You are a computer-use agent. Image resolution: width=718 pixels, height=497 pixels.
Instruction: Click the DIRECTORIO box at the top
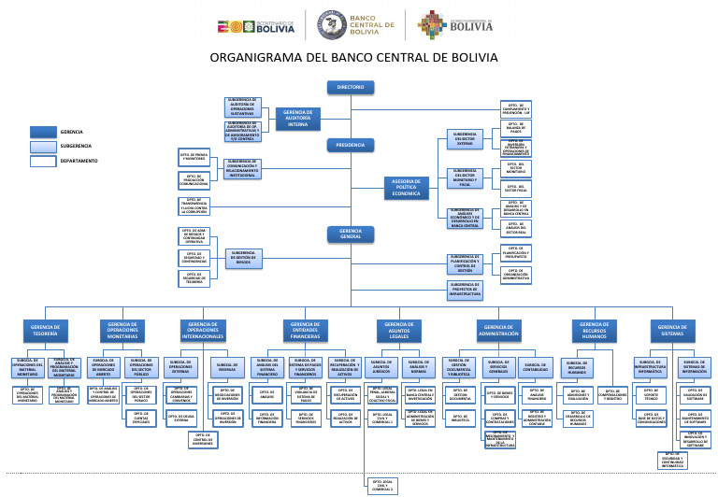click(x=351, y=88)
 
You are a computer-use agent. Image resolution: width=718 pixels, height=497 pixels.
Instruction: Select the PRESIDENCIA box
click(x=351, y=146)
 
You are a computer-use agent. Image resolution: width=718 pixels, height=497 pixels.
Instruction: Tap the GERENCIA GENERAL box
click(x=351, y=233)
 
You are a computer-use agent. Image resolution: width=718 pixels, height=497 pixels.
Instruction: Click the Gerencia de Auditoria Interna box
click(x=297, y=117)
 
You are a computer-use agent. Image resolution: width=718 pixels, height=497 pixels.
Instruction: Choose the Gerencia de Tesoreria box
click(x=45, y=330)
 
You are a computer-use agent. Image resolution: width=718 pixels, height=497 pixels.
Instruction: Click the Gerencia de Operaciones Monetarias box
click(x=123, y=330)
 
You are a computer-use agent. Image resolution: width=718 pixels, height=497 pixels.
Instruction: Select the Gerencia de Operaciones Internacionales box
click(x=204, y=330)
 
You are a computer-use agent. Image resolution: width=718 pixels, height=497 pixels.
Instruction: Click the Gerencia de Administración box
click(x=498, y=330)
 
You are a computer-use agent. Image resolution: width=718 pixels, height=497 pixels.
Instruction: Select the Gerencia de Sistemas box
click(x=672, y=330)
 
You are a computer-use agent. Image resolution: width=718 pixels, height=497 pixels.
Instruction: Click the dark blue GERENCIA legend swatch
click(x=43, y=132)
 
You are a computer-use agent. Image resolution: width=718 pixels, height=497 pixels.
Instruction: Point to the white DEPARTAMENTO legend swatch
click(x=43, y=161)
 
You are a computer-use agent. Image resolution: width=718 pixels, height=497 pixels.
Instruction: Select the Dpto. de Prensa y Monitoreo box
click(x=194, y=157)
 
